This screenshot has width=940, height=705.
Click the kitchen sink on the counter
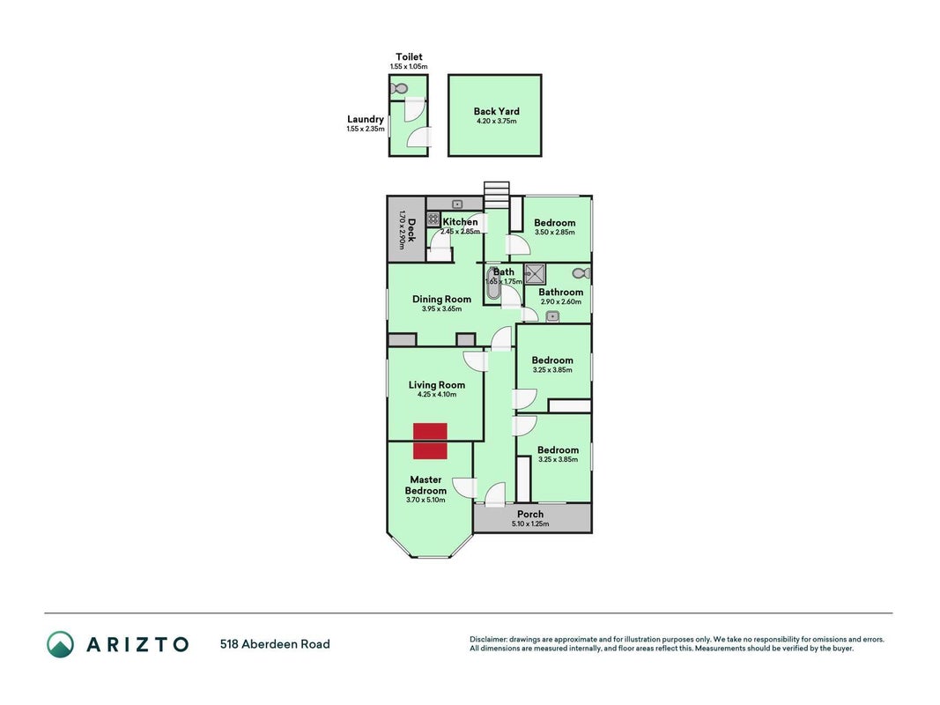(457, 204)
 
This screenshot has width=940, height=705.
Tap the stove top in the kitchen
(433, 219)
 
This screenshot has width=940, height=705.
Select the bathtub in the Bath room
(493, 283)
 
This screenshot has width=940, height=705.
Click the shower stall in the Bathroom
(536, 273)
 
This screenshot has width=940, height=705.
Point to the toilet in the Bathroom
(581, 273)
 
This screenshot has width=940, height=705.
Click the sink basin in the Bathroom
(552, 316)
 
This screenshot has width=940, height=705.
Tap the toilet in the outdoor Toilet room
(399, 89)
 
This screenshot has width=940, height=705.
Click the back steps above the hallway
(496, 195)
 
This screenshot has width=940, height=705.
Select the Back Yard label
(496, 111)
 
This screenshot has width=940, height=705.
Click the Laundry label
(365, 119)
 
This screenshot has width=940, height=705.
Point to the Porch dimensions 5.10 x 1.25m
(530, 524)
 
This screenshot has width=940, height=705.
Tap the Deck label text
(411, 230)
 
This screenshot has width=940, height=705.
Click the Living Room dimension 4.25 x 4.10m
(437, 395)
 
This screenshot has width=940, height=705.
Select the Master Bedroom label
(426, 485)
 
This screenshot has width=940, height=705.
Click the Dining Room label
(442, 299)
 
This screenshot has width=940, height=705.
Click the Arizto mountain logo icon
(61, 644)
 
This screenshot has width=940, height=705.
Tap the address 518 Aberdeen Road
(275, 644)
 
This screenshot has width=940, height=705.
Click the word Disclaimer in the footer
(489, 639)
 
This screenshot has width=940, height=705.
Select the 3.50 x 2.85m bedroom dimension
(554, 232)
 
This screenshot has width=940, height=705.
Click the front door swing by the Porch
(495, 494)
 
